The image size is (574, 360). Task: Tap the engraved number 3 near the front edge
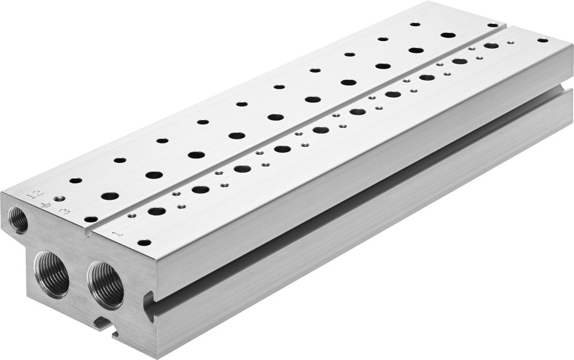(x=65, y=211)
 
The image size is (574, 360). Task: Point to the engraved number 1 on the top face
(x=117, y=233)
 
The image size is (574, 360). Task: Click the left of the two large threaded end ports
(x=52, y=272)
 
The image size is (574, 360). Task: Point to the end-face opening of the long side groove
(x=150, y=304)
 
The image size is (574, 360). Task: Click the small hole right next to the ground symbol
(x=59, y=199)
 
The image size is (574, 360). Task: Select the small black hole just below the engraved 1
(x=144, y=242)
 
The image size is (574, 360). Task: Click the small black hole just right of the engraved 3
(x=90, y=219)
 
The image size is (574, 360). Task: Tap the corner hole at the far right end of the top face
(x=542, y=40)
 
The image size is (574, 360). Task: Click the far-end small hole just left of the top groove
(x=492, y=25)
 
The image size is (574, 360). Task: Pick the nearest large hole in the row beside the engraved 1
(x=157, y=211)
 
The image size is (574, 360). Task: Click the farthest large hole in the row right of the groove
(x=491, y=45)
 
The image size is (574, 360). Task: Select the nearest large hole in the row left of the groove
(x=110, y=196)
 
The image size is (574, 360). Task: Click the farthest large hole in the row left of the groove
(x=448, y=35)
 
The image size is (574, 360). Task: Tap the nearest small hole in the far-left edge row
(x=76, y=180)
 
